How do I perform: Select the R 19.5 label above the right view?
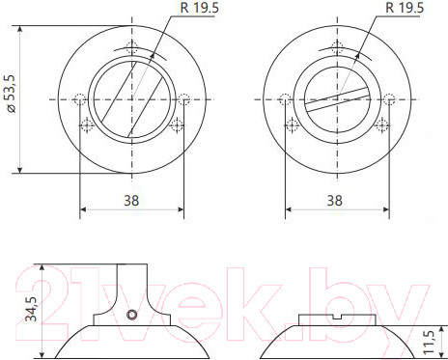point(405,9)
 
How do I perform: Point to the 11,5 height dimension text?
point(430,342)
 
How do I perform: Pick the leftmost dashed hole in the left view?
point(79,98)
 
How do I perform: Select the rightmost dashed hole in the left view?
point(183,98)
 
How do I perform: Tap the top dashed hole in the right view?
point(336,49)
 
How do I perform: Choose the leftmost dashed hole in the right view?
point(284,98)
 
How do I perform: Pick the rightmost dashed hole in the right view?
point(388,98)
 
